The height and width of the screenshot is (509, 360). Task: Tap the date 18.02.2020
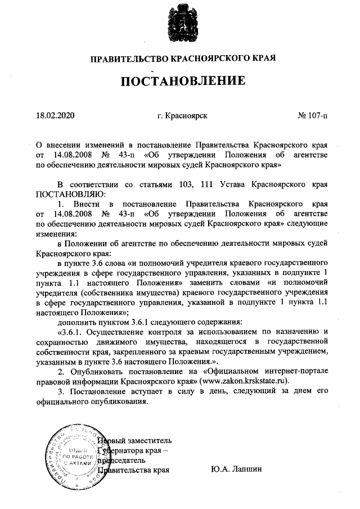[x=55, y=116]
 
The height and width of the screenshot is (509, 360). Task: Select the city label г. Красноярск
[x=183, y=116]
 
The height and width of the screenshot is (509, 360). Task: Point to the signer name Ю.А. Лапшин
[x=237, y=469]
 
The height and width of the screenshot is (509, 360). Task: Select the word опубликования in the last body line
[x=123, y=402]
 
